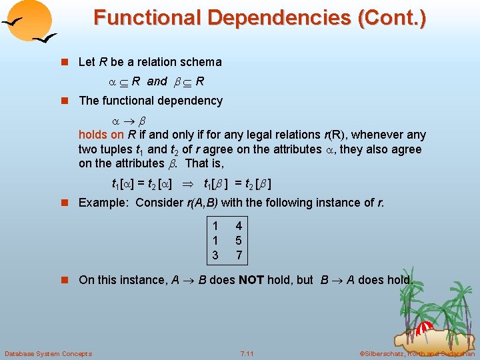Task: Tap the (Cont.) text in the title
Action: (x=392, y=17)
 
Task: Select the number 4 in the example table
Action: (x=239, y=227)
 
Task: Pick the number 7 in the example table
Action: (x=239, y=255)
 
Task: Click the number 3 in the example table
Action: (x=215, y=255)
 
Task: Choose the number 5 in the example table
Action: (x=239, y=241)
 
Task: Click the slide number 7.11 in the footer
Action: (x=248, y=353)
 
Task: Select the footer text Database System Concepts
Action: (x=48, y=353)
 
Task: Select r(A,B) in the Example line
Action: (x=203, y=203)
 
